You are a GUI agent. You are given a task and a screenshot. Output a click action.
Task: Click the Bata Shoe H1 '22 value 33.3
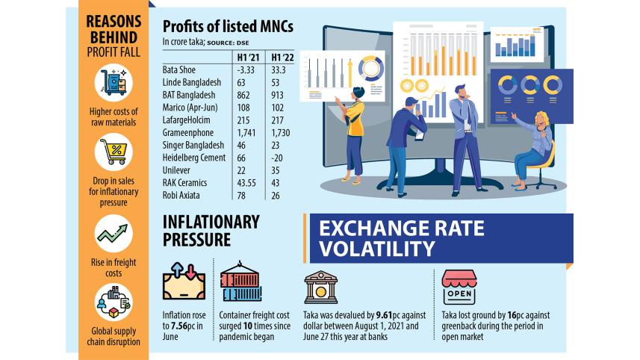tap(278, 69)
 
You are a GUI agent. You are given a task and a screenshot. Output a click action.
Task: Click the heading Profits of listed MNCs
tap(228, 26)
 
